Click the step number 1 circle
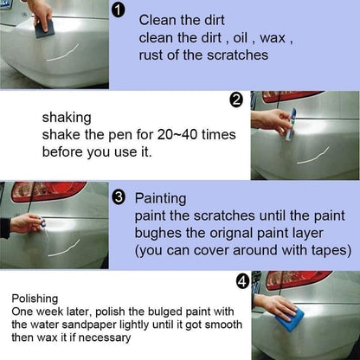tap(119, 11)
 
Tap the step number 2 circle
tap(236, 100)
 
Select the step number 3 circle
tap(119, 197)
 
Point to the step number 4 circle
tap(242, 281)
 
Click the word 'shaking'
tap(66, 117)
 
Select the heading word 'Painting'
tap(160, 198)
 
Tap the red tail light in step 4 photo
tap(298, 280)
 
